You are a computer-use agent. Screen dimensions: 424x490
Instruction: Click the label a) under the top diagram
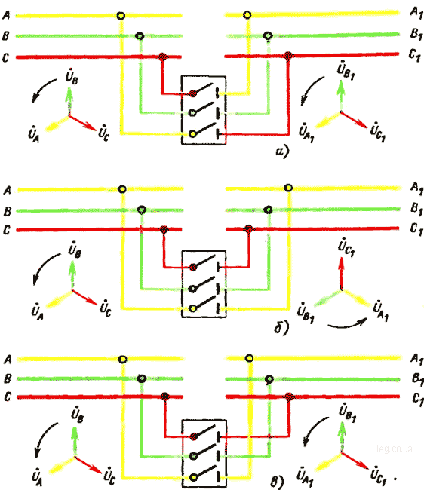click(282, 152)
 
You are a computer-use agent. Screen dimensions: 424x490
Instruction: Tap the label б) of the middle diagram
click(281, 326)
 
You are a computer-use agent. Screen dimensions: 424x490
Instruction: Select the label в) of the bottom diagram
click(277, 482)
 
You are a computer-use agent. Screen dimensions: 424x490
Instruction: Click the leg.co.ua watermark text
click(395, 449)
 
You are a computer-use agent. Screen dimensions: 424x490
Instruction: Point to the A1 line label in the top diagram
click(416, 13)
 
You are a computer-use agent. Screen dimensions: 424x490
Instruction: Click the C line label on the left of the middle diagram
click(7, 230)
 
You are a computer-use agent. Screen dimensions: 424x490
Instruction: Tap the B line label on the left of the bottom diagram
click(8, 378)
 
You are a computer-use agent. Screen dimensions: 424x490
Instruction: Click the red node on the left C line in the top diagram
click(162, 57)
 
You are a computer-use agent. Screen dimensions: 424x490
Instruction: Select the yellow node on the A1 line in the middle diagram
click(288, 188)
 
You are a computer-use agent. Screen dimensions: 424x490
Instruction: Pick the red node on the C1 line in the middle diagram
click(248, 229)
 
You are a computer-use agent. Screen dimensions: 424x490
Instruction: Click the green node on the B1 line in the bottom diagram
click(269, 380)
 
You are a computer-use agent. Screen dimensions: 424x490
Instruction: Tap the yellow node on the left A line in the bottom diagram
click(123, 360)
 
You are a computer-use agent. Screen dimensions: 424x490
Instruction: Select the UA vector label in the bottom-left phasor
click(37, 477)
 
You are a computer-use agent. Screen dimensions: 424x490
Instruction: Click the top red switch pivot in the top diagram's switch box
click(193, 93)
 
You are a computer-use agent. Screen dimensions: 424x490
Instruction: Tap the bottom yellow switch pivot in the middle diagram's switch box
click(193, 308)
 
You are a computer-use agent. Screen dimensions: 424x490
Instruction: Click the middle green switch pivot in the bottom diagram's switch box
click(193, 456)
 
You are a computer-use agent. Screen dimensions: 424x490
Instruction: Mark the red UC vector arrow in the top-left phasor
click(82, 123)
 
